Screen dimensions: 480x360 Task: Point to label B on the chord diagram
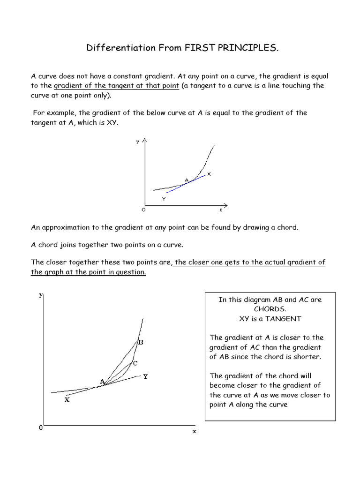(x=140, y=343)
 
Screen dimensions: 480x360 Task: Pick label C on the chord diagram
(x=135, y=363)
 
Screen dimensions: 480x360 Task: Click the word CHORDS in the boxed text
(x=270, y=309)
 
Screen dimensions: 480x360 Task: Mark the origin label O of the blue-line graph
(x=137, y=210)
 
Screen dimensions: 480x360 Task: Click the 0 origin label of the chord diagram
(x=41, y=428)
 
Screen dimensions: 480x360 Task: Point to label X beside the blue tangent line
(x=209, y=174)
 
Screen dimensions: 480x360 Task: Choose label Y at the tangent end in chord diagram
(x=145, y=376)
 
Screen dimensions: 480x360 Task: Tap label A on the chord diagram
(x=102, y=382)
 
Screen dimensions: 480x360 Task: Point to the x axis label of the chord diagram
(x=194, y=431)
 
